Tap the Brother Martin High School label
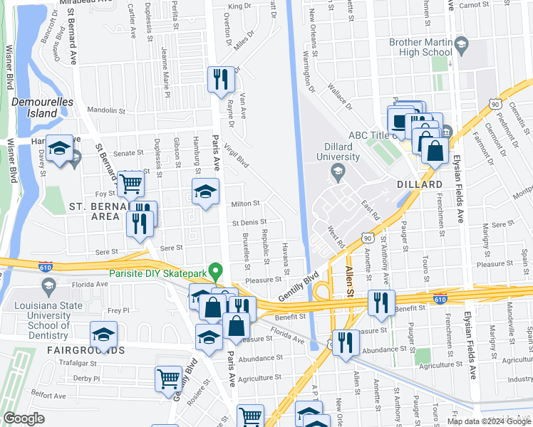pos(420,47)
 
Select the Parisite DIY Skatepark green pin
pos(219,271)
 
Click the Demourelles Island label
pos(42,107)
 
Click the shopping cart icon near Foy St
pos(131,184)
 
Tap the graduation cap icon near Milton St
pos(205,192)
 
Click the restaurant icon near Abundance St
pos(346,342)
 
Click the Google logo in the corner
pos(24,418)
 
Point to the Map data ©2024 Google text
pos(488,421)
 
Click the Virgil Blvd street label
pos(236,154)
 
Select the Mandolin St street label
pos(106,110)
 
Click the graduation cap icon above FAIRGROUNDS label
pos(103,334)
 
